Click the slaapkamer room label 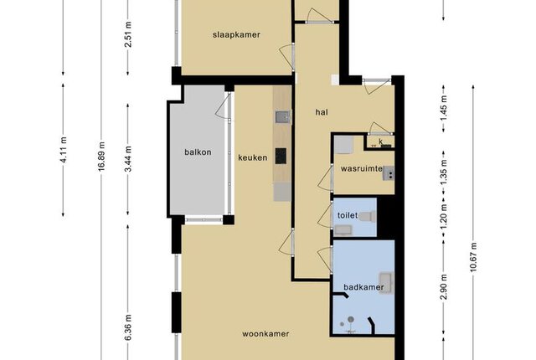click(236, 35)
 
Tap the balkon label click(198, 152)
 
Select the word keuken click(253, 157)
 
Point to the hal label click(322, 112)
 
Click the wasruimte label click(362, 169)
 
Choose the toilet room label click(348, 215)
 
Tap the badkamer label click(363, 287)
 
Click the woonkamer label click(265, 334)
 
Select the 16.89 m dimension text click(101, 157)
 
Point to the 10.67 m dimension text click(473, 257)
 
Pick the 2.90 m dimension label click(444, 287)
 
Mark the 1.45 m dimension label click(444, 108)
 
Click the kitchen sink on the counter click(283, 117)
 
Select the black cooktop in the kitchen click(281, 156)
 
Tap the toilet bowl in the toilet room click(368, 216)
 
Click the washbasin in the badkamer click(387, 283)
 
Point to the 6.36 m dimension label click(128, 327)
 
